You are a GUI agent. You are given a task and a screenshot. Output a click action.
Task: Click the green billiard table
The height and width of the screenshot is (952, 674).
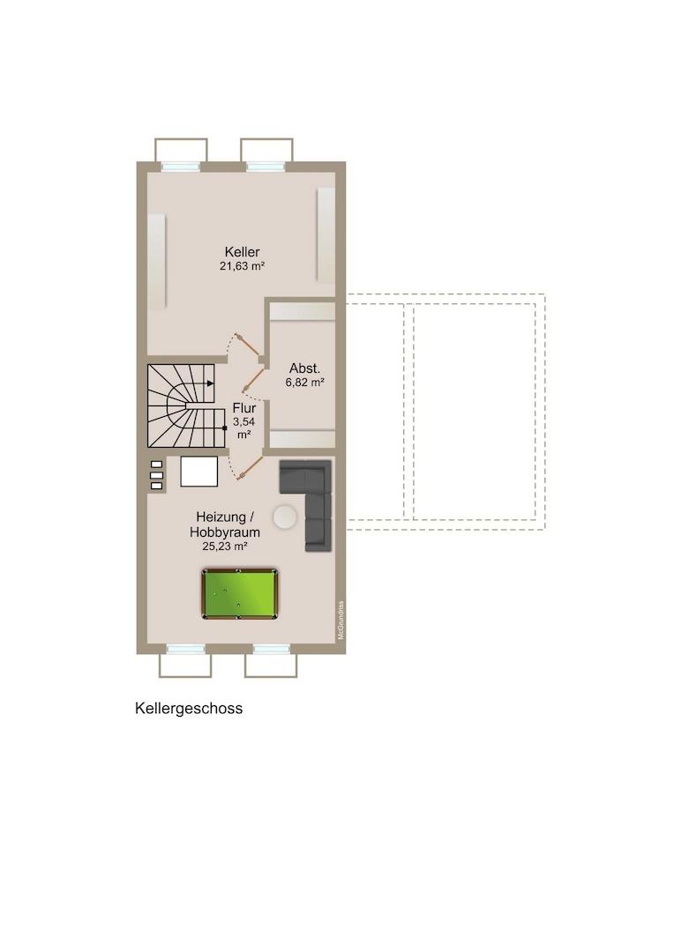click(x=239, y=594)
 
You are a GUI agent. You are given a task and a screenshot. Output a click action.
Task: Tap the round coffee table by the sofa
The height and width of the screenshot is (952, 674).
click(x=284, y=518)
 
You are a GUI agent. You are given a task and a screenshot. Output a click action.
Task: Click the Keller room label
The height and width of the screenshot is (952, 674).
click(x=242, y=251)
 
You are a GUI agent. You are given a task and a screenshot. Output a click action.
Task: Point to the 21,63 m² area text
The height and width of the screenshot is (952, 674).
click(x=242, y=266)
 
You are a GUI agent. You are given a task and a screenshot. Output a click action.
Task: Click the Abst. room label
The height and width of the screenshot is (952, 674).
click(x=304, y=368)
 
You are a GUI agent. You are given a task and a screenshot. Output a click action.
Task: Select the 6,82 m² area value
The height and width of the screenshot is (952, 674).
click(x=304, y=383)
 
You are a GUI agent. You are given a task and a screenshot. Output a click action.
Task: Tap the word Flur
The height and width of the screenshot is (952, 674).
click(x=244, y=408)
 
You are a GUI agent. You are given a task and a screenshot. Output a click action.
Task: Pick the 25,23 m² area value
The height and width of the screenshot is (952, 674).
click(x=225, y=547)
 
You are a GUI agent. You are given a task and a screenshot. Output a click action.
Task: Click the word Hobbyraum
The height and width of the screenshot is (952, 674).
click(x=225, y=532)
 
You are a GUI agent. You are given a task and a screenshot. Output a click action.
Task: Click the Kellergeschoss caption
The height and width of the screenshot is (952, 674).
click(x=189, y=709)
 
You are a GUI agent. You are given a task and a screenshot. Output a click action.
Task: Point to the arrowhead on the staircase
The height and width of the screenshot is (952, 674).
click(x=210, y=383)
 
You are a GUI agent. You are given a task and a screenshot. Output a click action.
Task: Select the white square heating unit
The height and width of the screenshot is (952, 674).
click(x=198, y=471)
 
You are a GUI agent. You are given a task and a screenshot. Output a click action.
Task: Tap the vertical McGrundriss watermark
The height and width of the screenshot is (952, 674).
click(x=341, y=620)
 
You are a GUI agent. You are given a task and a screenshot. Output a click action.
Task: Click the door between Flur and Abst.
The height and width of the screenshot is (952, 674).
click(x=253, y=380)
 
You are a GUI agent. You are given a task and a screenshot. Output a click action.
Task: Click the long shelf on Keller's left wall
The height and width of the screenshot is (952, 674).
click(x=157, y=262)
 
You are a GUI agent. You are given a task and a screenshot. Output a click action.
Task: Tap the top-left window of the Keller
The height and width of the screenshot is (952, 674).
click(x=181, y=165)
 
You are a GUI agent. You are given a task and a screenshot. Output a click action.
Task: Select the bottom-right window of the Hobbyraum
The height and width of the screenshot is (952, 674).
click(x=272, y=650)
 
